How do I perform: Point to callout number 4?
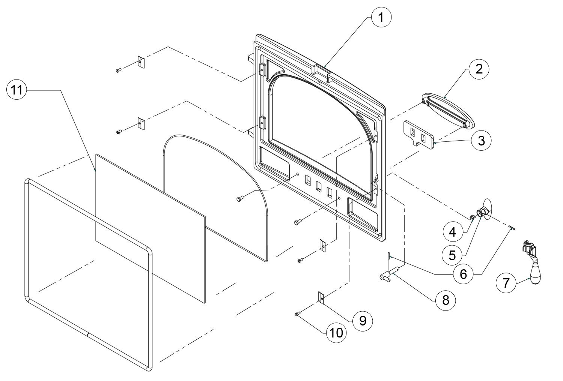point(453,232)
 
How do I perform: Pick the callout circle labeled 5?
point(452,255)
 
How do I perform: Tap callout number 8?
point(446,300)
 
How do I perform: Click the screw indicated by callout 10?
point(297,314)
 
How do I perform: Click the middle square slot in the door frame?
point(319,187)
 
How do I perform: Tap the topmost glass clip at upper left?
point(141,62)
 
